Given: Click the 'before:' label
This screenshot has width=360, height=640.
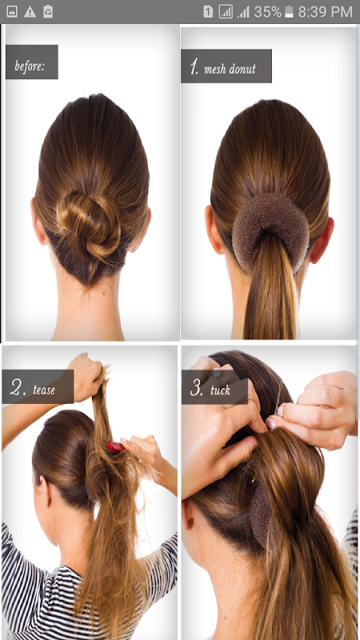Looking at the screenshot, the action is [x=30, y=66].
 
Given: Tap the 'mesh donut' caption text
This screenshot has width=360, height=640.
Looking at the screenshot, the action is [x=230, y=69].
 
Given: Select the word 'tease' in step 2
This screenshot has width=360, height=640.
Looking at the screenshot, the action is [x=44, y=390].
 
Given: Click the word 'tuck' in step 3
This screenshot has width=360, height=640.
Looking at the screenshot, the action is [x=221, y=390].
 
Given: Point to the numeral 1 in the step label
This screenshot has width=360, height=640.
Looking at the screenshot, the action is [x=194, y=66].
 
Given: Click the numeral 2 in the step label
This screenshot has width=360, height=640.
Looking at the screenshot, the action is [x=18, y=388].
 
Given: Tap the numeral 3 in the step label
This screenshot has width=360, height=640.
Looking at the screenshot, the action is [x=197, y=388].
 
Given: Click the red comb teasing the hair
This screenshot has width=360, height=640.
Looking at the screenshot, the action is [x=116, y=447].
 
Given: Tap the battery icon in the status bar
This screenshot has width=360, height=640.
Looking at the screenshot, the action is [x=289, y=12].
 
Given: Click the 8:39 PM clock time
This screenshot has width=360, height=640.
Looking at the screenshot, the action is [x=326, y=12].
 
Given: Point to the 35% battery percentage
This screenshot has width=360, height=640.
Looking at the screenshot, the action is [x=268, y=12].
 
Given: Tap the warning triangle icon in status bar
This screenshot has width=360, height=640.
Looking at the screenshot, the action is [x=30, y=12].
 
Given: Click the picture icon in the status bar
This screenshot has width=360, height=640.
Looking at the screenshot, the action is [x=12, y=12].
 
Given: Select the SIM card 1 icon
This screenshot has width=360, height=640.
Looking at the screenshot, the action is [x=208, y=12].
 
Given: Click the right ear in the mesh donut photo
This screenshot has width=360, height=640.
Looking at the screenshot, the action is [x=322, y=241].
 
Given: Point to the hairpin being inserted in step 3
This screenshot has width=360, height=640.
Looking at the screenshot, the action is [x=278, y=396].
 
